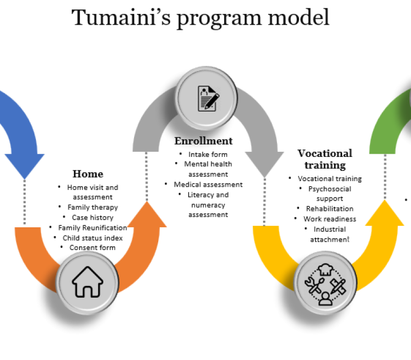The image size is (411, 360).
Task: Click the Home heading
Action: click(x=88, y=174)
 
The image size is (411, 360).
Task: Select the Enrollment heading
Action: click(x=203, y=141)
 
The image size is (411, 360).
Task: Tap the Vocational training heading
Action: click(x=325, y=159)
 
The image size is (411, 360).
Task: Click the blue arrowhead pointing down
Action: click(x=25, y=165)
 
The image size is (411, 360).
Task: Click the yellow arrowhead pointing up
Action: click(x=385, y=213)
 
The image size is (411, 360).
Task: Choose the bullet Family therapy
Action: click(x=92, y=207)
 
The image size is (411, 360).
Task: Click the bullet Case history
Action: click(x=93, y=218)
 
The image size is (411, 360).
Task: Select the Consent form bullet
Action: click(x=93, y=247)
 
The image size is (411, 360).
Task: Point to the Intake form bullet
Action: click(x=208, y=154)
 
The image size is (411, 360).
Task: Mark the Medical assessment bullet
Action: click(x=208, y=184)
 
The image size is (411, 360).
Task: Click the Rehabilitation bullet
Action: click(x=329, y=209)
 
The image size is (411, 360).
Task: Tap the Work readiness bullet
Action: click(x=329, y=219)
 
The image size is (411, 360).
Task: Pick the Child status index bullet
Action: click(x=92, y=238)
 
